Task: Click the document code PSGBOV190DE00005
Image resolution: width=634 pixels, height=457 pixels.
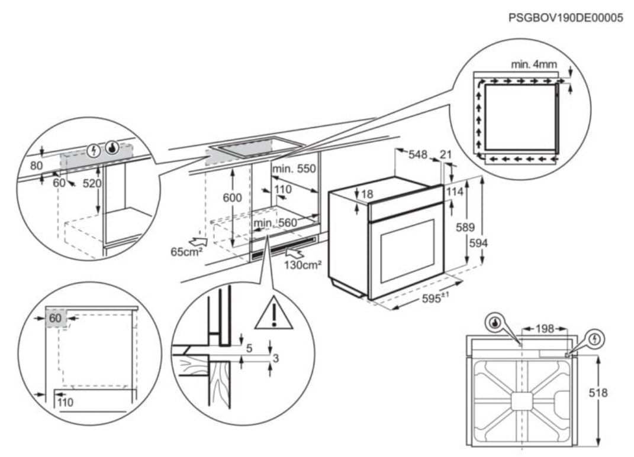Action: point(565,18)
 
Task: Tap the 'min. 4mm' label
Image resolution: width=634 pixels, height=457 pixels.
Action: point(533,63)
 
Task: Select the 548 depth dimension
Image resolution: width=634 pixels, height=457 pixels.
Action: point(417,154)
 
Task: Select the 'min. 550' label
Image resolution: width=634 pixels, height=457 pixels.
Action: point(294,169)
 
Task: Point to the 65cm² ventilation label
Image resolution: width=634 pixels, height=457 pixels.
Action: point(185,251)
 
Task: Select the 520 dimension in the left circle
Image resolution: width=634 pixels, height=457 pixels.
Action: point(92,184)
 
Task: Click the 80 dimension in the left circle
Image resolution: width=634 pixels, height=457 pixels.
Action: point(37,166)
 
